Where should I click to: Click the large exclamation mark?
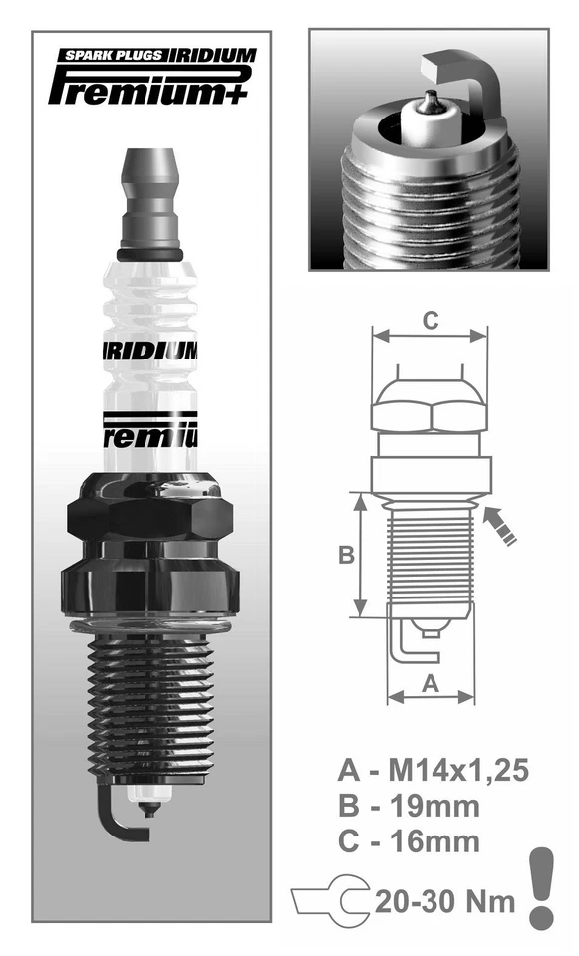point(541,886)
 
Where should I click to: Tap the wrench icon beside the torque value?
point(330,902)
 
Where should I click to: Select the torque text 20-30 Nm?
point(444,902)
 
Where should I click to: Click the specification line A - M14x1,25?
point(431,770)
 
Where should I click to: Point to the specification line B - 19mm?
point(409,806)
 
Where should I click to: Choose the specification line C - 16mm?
point(409,840)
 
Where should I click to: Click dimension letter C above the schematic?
point(429,321)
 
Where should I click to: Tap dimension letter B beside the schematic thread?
point(346,555)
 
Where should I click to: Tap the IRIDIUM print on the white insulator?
point(150,352)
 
